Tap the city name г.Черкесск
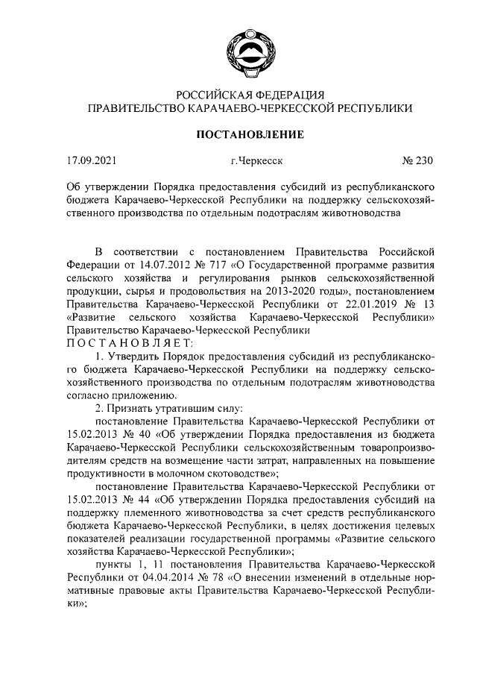click(x=256, y=160)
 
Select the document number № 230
click(x=417, y=160)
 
